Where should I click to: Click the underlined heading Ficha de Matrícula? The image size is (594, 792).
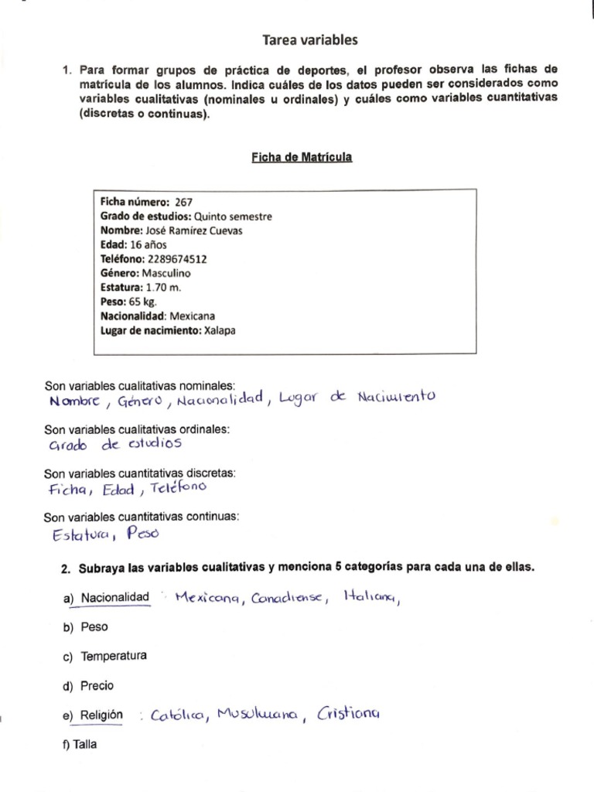pos(302,157)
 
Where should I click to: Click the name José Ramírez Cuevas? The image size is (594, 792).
pos(194,230)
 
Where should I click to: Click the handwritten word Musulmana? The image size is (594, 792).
pos(258,715)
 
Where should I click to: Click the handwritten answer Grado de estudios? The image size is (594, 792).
pos(114,445)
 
